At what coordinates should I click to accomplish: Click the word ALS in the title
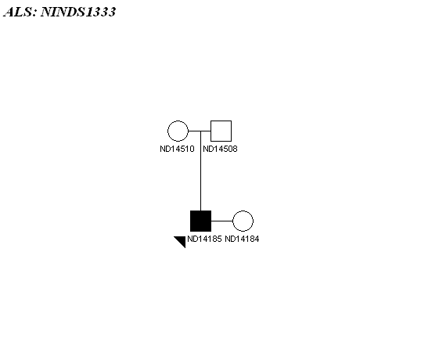(19, 12)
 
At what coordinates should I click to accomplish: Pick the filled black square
(200, 221)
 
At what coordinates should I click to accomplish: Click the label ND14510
(177, 149)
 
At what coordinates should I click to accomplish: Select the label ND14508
(220, 149)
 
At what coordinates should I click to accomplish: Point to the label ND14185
(204, 239)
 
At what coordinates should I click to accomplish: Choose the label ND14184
(242, 239)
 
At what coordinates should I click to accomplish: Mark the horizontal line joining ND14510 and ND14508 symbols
(200, 131)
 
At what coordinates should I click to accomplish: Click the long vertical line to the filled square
(200, 171)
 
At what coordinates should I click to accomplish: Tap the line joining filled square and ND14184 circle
(221, 221)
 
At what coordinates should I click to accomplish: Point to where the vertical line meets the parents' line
(200, 131)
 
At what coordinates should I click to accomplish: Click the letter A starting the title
(9, 12)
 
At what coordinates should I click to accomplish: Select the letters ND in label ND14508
(207, 149)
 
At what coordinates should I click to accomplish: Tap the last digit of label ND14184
(257, 239)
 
